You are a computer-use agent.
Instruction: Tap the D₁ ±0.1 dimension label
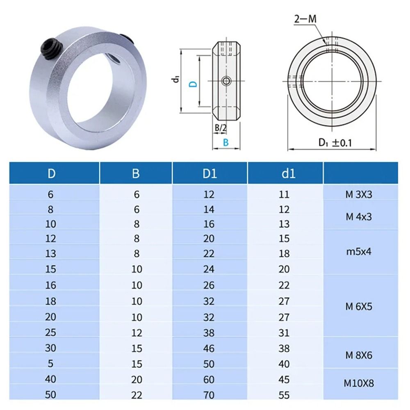pos(336,143)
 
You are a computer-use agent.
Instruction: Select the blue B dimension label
pos(225,142)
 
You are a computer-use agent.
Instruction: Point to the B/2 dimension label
pos(221,128)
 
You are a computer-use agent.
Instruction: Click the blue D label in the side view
pos(194,84)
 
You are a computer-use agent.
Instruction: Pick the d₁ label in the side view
pos(175,79)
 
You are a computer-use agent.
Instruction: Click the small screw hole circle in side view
pos(225,81)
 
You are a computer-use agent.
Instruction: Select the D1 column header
pos(209,173)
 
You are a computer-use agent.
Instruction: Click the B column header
pos(136,173)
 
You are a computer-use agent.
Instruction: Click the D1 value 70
pos(209,395)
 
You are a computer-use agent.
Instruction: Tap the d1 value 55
pos(284,395)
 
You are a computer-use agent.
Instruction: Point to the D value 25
pos(51,332)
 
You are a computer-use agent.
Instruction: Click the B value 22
pos(136,395)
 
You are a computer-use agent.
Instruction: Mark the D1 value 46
pos(209,348)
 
